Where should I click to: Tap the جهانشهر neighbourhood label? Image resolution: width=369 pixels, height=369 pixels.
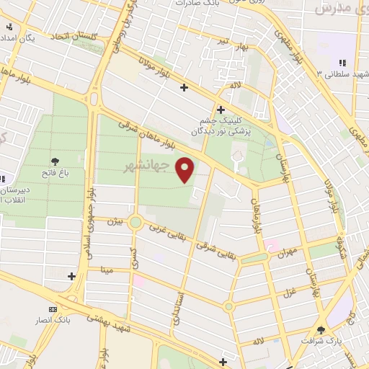pyautogui.click(x=161, y=166)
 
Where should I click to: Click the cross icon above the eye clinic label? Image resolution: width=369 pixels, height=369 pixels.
pyautogui.click(x=220, y=110)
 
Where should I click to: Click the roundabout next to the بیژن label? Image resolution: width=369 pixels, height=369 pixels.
pyautogui.click(x=135, y=222)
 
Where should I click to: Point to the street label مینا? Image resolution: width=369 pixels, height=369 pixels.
pyautogui.click(x=109, y=271)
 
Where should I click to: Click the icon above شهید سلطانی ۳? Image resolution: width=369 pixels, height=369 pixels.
pyautogui.click(x=342, y=63)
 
